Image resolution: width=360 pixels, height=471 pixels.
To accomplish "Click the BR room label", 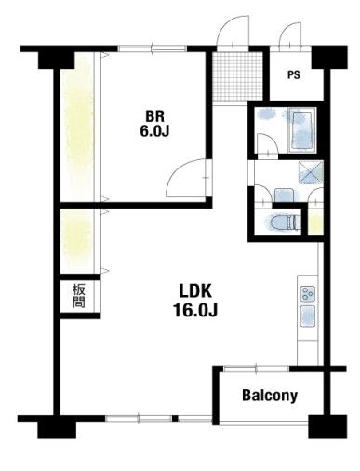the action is click(154, 116).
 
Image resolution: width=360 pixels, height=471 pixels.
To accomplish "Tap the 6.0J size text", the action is click(154, 131).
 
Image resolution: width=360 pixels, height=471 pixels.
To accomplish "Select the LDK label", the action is click(195, 291).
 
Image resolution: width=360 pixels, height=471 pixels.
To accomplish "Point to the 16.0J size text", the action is click(195, 310).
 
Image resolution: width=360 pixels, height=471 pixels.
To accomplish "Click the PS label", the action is click(294, 75).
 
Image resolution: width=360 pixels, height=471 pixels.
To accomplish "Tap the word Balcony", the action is click(270, 396).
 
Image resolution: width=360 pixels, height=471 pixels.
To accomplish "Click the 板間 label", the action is click(79, 296).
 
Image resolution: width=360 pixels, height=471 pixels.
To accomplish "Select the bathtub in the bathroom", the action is click(302, 130).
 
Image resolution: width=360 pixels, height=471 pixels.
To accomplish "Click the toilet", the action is click(284, 222).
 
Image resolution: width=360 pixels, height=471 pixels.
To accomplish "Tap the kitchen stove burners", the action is click(308, 294).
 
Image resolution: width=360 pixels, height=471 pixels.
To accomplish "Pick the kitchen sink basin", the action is click(308, 316).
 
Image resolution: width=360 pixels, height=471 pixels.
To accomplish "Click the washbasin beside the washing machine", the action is click(284, 195).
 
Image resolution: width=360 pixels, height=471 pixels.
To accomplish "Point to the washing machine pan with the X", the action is click(311, 173).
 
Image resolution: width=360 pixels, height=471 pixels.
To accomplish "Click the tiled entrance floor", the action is click(238, 76).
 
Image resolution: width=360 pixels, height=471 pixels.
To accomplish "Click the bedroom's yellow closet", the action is click(77, 128).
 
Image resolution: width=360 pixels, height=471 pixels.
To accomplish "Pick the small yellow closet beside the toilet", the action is click(315, 222).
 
